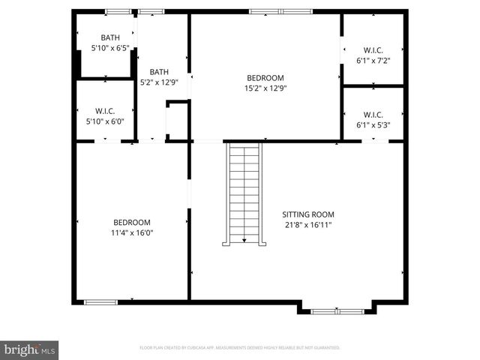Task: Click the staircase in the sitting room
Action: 244,193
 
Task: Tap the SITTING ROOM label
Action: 308,214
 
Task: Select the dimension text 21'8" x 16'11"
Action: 308,224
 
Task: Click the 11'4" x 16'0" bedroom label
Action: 132,222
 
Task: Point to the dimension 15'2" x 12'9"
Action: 265,88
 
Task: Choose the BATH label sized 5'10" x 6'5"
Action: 110,38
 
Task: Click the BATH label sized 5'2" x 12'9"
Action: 159,72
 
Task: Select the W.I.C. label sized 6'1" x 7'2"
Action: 373,50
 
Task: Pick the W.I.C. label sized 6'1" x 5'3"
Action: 373,115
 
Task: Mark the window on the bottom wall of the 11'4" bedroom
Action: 100,301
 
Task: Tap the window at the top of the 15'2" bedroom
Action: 265,11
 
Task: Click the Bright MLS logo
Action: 30,349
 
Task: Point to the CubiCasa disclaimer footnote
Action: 240,348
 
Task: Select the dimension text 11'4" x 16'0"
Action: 132,232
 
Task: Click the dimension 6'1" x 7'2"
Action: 373,61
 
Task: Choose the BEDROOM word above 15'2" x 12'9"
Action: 265,77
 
